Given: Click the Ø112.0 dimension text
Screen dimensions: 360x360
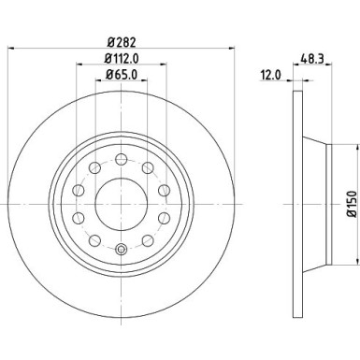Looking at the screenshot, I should [x=122, y=65].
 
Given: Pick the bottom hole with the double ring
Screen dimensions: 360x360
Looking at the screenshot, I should [x=122, y=249].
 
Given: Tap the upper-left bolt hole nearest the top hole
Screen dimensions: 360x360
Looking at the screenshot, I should [x=97, y=166].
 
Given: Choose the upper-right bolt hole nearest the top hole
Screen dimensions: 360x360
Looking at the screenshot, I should [x=148, y=166].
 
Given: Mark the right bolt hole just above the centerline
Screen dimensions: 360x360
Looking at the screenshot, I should [x=165, y=190].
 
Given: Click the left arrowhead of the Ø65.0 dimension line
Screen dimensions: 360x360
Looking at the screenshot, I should [x=97, y=94].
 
